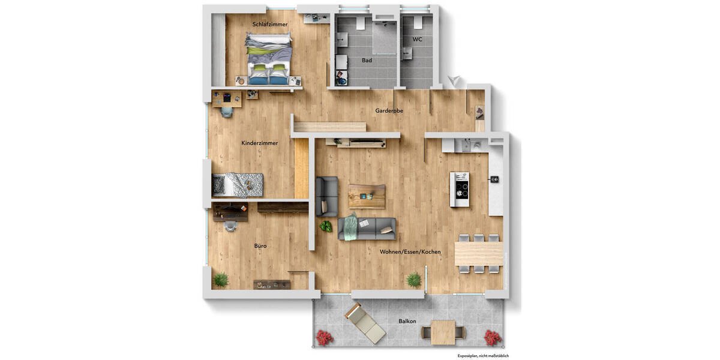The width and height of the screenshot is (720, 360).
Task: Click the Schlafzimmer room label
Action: pos(270,25)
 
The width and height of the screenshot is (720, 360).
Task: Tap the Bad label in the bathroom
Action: pos(367,61)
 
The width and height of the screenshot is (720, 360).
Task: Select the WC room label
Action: pos(417,40)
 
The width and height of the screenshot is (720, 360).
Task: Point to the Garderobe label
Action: pos(389,111)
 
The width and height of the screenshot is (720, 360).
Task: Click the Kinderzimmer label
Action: pos(259,143)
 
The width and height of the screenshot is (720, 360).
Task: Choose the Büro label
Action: pos(260,246)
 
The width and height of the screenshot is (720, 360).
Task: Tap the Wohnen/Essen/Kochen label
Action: pos(410,252)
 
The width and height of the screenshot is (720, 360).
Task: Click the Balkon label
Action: pos(407,322)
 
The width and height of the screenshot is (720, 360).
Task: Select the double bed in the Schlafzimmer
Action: pos(269,58)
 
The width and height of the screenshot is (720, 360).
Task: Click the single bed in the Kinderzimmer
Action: pos(238,185)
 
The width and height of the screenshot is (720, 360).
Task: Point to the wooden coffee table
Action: pos(367,196)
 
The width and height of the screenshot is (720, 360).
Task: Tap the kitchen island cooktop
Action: pos(460,189)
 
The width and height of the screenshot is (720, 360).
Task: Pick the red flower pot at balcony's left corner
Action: pos(325,337)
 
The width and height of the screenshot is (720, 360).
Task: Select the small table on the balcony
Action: pos(443,331)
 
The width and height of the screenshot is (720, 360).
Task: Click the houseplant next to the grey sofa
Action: pos(326,226)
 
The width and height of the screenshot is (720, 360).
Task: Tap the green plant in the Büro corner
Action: pos(221,279)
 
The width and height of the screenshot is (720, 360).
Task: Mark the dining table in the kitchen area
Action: pos(478,253)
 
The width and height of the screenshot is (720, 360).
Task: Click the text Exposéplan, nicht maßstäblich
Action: pos(483,356)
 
